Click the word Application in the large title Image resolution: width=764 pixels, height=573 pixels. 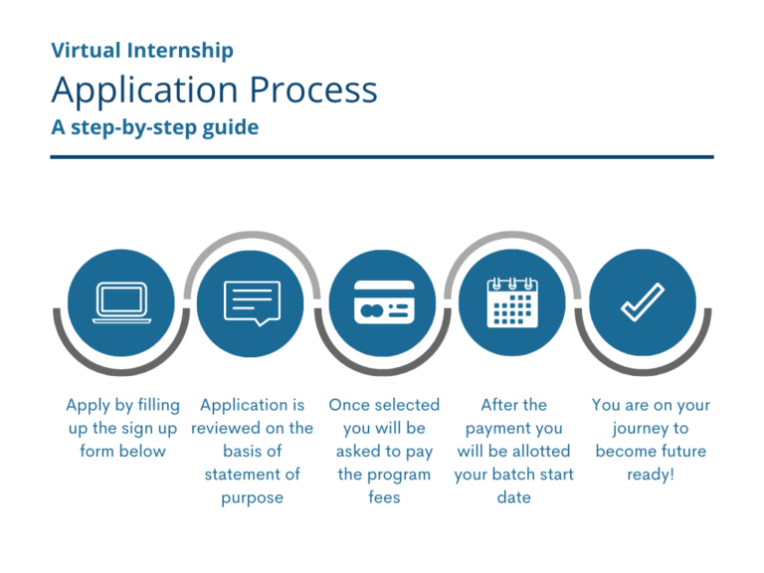click(x=145, y=92)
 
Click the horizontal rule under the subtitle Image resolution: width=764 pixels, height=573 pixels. click(x=382, y=156)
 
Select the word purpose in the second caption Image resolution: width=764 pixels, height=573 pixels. click(x=253, y=497)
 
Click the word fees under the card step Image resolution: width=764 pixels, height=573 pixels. click(x=384, y=497)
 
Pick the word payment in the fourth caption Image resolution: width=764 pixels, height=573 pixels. click(x=499, y=429)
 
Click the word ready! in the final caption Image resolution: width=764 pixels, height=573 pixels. click(x=651, y=475)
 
